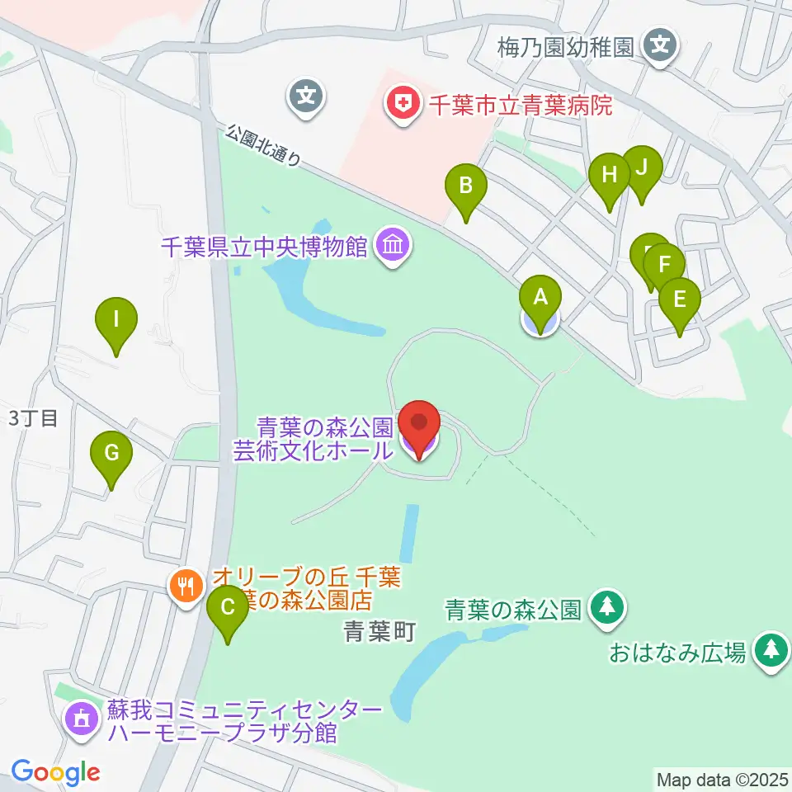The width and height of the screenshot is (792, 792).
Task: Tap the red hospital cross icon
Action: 403,103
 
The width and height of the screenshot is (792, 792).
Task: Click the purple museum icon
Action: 392,245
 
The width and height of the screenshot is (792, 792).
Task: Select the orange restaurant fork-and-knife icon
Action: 186,586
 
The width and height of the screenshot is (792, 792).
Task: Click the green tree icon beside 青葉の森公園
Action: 608,609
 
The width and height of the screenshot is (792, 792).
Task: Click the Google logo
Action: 55,772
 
